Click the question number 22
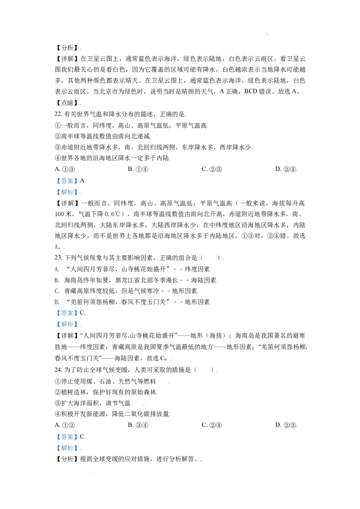(58, 114)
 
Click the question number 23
(58, 258)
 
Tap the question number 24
(58, 370)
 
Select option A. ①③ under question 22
(65, 169)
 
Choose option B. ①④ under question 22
(138, 169)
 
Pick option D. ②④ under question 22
(286, 169)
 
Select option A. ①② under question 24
(65, 425)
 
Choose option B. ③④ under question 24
(138, 425)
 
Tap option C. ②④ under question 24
(212, 425)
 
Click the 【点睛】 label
(67, 103)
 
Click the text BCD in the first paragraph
(251, 92)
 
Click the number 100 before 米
(59, 214)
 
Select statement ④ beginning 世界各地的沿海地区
(112, 158)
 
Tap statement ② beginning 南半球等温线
(103, 136)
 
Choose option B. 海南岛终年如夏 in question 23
(136, 280)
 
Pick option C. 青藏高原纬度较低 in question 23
(126, 291)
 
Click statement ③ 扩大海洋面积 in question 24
(93, 403)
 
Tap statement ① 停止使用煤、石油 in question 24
(105, 381)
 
